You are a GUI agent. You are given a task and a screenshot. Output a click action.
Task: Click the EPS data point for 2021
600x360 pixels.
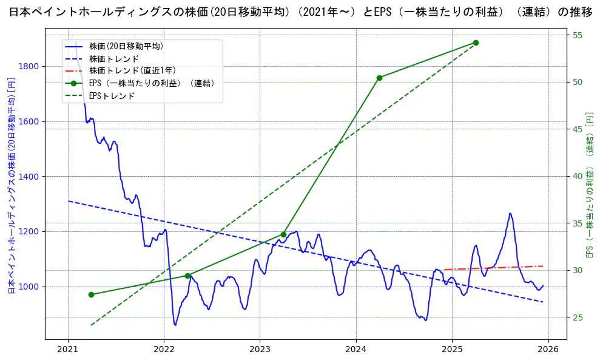[x=91, y=294]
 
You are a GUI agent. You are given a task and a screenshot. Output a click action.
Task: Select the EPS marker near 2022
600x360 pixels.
[x=187, y=276]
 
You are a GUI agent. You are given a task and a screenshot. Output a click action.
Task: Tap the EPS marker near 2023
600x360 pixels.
[x=283, y=234]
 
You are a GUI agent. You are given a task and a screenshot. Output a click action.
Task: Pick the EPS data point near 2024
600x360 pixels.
[x=379, y=78]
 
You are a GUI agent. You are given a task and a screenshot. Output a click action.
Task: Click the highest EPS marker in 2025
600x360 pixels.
[x=476, y=42]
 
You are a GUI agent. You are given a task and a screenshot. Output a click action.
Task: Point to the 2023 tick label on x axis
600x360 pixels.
[x=260, y=349]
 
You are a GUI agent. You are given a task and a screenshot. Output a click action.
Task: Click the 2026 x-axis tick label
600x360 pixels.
[x=548, y=349]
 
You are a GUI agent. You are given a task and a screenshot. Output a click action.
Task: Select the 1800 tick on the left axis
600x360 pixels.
[x=30, y=66]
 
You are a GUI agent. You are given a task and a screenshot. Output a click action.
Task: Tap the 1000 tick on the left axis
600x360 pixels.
[x=30, y=287]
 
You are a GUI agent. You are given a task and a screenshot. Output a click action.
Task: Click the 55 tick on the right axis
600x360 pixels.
[x=578, y=35]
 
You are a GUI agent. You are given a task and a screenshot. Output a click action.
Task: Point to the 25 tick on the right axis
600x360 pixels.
[x=578, y=317]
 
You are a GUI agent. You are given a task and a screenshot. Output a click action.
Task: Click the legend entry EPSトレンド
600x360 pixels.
[x=112, y=96]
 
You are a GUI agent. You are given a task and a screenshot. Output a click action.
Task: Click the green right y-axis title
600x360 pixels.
[x=588, y=185]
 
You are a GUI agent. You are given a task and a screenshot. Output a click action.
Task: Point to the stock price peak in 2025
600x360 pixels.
[x=510, y=213]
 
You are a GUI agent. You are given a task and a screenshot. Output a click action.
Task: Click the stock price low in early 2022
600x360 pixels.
[x=175, y=325]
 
